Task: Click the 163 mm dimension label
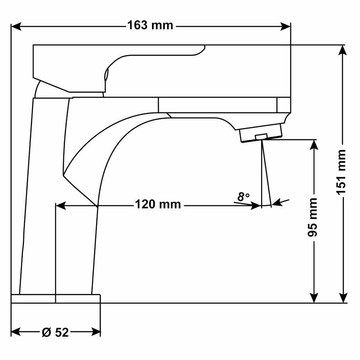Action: (150, 26)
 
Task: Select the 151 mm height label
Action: (341, 172)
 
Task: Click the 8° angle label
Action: (243, 197)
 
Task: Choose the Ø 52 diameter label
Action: (55, 332)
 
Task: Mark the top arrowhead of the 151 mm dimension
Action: (343, 50)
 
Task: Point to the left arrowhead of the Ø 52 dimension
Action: (16, 332)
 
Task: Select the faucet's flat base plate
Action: (56, 298)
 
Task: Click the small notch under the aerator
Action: (261, 137)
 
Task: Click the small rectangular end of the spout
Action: (283, 105)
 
